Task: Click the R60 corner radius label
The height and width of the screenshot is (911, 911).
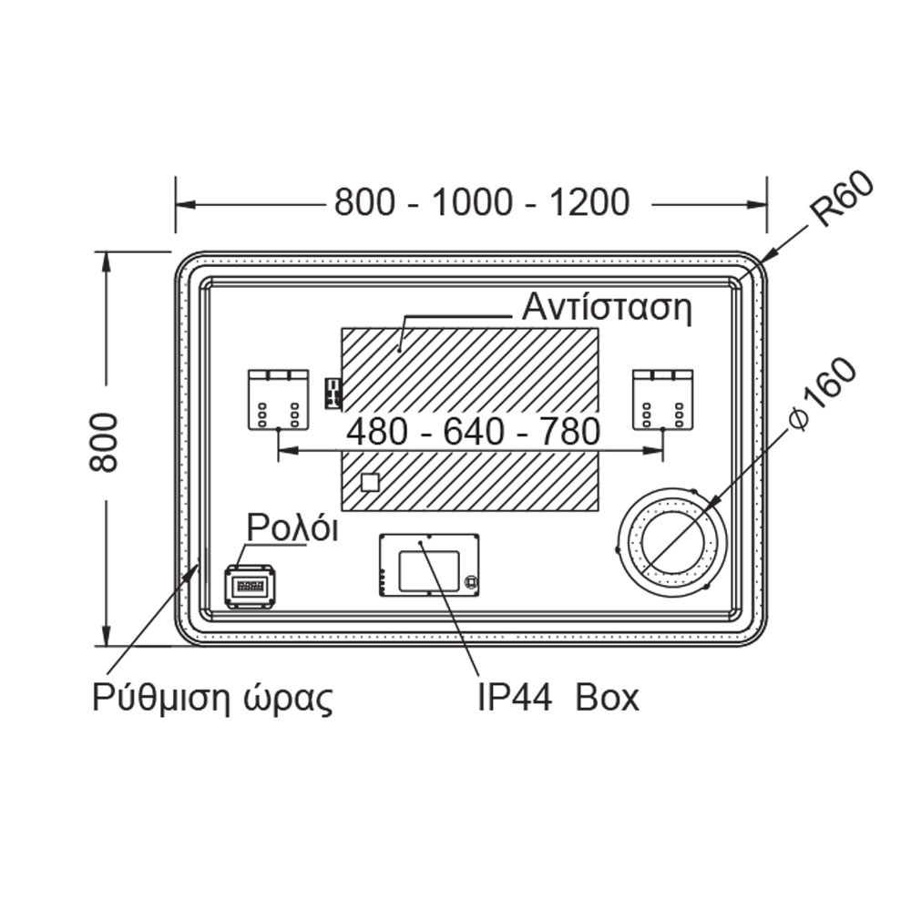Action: click(843, 199)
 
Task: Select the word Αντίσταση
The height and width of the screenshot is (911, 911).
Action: click(607, 307)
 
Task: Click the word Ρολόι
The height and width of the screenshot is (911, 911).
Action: click(292, 527)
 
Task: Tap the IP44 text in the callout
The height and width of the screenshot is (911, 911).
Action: click(515, 697)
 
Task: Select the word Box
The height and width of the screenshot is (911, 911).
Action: click(607, 697)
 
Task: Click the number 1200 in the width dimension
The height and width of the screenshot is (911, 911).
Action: click(589, 203)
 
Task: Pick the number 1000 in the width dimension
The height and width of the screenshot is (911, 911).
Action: click(473, 203)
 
